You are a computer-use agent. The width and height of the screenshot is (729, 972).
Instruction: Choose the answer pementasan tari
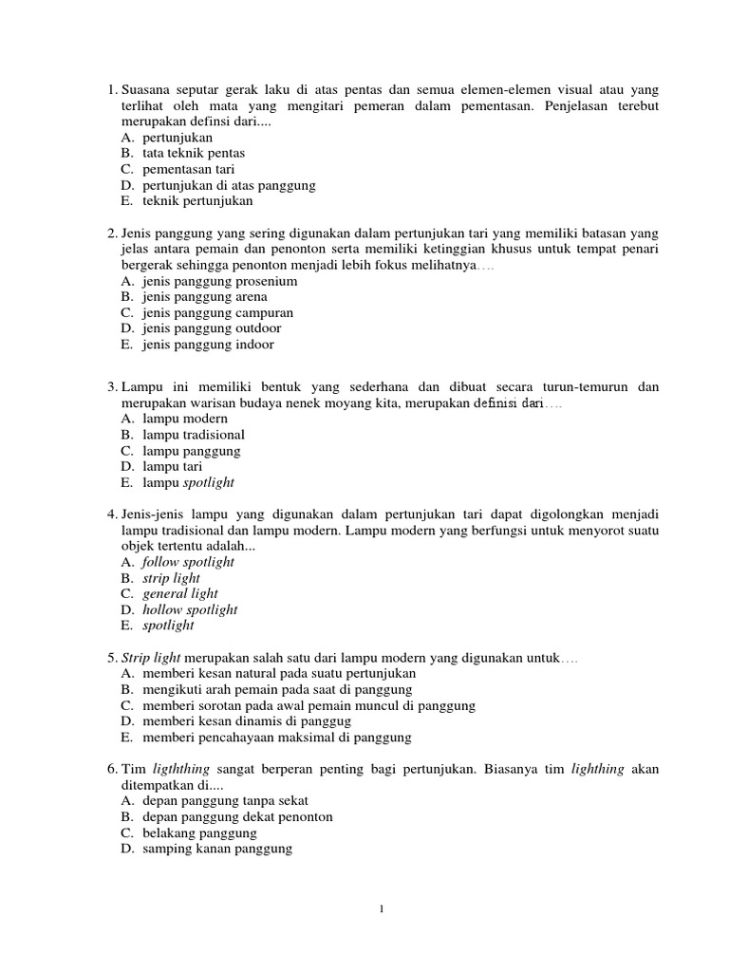pos(188,169)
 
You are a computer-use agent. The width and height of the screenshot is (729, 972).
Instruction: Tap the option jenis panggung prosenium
pos(219,282)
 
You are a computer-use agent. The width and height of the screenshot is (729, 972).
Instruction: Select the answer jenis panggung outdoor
pos(212,328)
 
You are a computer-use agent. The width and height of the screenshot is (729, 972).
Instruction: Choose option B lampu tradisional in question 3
pos(194,435)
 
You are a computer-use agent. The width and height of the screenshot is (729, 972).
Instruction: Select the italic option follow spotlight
pos(188,562)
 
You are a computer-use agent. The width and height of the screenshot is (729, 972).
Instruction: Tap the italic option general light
pos(180,594)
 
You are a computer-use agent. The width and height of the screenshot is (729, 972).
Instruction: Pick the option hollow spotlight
pos(190,609)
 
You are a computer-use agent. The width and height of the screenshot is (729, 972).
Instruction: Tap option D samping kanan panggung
pos(216,849)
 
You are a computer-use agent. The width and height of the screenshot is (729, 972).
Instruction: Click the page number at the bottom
pos(381,909)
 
